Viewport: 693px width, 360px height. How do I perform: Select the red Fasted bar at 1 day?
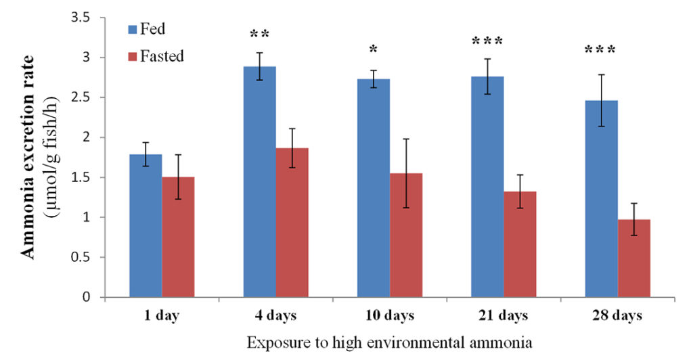point(178,237)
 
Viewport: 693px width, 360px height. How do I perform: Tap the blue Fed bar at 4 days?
point(259,182)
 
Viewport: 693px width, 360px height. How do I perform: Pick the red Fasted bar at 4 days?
point(292,223)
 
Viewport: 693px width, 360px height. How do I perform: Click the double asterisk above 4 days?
point(259,34)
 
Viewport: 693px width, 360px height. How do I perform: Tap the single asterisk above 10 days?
point(374,50)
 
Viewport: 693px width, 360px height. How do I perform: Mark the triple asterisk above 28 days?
point(601,50)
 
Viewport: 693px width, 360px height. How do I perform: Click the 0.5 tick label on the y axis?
point(80,257)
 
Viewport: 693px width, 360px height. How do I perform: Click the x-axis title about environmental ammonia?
point(390,342)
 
